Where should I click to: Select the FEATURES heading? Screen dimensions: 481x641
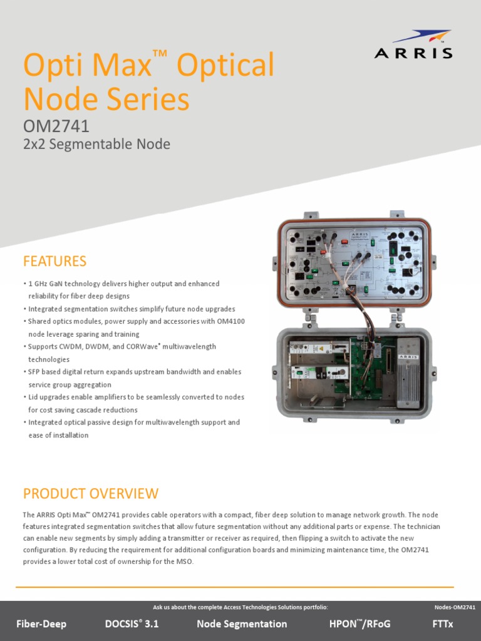tap(54, 261)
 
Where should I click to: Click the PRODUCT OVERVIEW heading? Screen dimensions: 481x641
tap(91, 494)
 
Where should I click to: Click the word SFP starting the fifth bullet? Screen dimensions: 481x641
tap(36, 372)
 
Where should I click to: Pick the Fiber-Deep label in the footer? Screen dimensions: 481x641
tap(41, 624)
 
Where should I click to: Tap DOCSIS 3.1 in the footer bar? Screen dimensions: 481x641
tap(132, 624)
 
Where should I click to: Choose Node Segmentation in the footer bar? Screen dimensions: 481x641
tap(242, 624)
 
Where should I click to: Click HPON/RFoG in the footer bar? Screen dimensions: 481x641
tap(359, 624)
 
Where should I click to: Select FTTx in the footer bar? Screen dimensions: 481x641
tap(442, 624)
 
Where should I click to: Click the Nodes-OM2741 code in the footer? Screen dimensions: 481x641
tap(455, 607)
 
